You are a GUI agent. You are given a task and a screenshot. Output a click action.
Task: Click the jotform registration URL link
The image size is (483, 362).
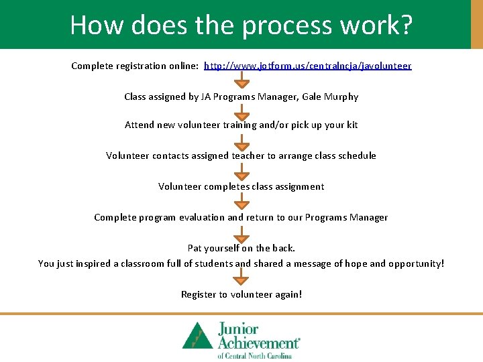pos(308,66)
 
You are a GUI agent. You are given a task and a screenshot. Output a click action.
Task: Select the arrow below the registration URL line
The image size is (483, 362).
pos(241,81)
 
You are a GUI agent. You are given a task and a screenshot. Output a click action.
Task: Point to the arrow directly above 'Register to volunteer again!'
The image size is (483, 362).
pos(241,278)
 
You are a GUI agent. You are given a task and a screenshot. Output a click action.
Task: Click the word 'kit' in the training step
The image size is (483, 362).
pos(352,125)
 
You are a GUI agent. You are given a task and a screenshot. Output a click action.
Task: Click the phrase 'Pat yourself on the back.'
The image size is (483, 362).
pos(241,249)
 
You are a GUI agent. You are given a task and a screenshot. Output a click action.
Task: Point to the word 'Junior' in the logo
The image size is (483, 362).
pos(237,328)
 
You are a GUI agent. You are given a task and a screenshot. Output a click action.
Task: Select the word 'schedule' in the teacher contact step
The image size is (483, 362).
pos(358,156)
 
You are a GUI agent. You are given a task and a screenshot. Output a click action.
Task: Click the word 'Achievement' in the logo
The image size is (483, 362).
pos(258,343)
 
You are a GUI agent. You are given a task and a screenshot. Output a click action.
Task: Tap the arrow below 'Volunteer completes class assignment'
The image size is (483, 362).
pos(241,201)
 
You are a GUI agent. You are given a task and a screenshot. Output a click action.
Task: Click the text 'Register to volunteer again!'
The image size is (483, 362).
pos(241,295)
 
